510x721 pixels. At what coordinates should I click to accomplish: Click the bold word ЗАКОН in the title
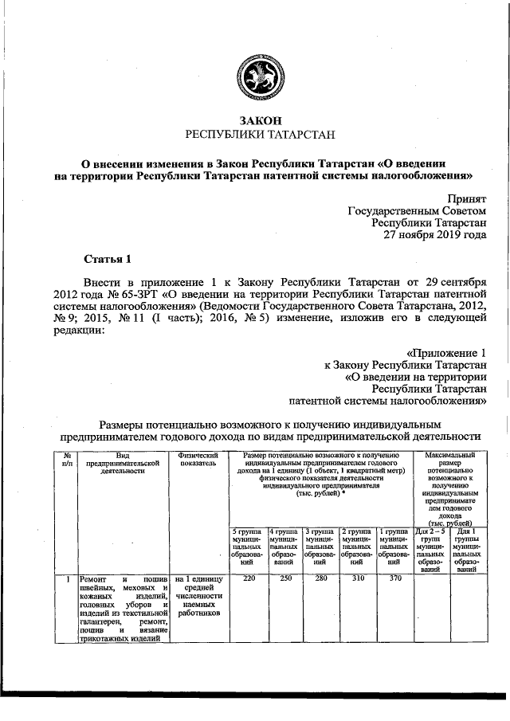click(255, 120)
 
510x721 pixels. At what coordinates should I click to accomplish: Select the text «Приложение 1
click(445, 351)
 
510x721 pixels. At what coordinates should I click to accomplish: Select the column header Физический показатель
click(199, 458)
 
